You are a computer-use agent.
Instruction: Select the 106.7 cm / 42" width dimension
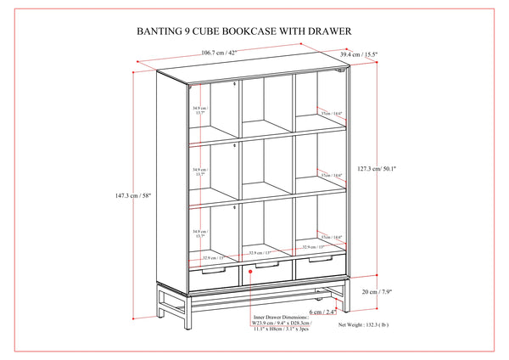[x=219, y=53]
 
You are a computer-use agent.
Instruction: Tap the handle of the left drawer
[x=211, y=269]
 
